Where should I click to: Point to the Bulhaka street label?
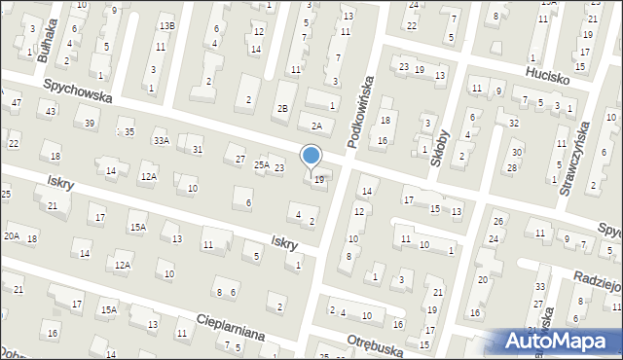(x=45, y=40)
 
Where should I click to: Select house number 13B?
(x=167, y=26)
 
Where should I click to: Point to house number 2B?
(x=282, y=109)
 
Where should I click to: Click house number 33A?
(x=161, y=141)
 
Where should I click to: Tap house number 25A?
(x=262, y=165)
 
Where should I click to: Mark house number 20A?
(x=12, y=235)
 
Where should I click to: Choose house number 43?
(x=51, y=112)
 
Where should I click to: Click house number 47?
(x=16, y=102)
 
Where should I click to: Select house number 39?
(x=90, y=123)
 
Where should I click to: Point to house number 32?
(x=513, y=124)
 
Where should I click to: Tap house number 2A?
(x=315, y=126)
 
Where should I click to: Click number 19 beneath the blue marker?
(x=319, y=180)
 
